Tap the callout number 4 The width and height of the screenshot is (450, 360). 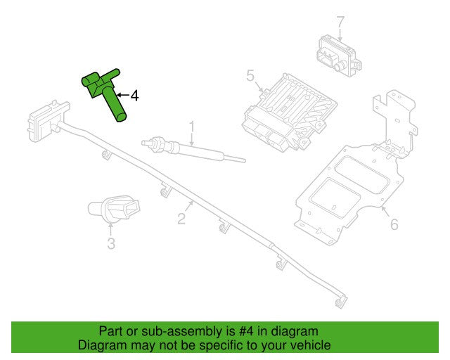point(134,96)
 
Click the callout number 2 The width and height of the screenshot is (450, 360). point(181,219)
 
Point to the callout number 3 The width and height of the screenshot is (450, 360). point(111,244)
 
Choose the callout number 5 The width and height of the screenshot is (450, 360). point(250,76)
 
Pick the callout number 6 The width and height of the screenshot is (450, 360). point(394,224)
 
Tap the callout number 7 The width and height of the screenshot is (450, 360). point(340,22)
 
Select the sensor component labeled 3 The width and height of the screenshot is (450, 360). point(114,208)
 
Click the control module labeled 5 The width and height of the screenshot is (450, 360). point(290,112)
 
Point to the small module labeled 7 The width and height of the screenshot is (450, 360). point(339,56)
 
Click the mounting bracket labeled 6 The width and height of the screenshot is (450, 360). point(356,169)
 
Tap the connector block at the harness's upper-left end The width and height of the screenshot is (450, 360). point(49,121)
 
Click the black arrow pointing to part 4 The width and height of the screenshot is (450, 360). point(123,95)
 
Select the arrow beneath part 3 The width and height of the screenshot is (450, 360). point(111,229)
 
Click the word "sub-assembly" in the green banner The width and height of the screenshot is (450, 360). point(181,331)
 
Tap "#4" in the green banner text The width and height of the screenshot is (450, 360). point(246,331)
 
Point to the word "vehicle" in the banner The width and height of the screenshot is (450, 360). point(309,345)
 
